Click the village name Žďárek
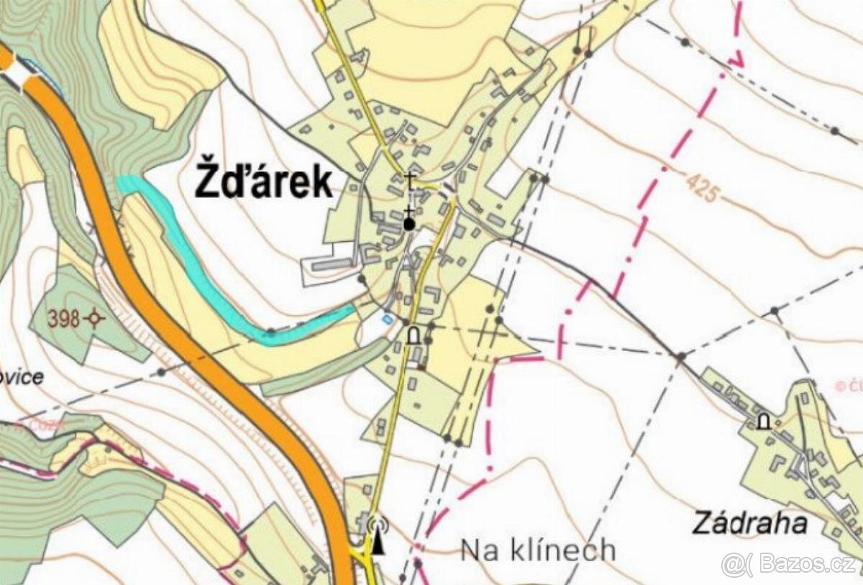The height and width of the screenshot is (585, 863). point(263,182)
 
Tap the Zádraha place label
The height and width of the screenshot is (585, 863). point(749,523)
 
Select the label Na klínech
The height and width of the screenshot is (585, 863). point(538,550)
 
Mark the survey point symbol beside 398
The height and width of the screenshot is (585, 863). point(93,318)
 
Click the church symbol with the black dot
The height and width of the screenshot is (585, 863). point(409,224)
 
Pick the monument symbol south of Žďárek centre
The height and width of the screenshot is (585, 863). point(414,335)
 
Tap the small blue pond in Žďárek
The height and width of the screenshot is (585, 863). point(388,319)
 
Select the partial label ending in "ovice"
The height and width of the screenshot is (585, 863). point(22,377)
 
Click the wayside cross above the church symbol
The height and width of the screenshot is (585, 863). point(411,181)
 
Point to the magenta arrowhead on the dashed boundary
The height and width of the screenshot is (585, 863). point(736,58)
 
